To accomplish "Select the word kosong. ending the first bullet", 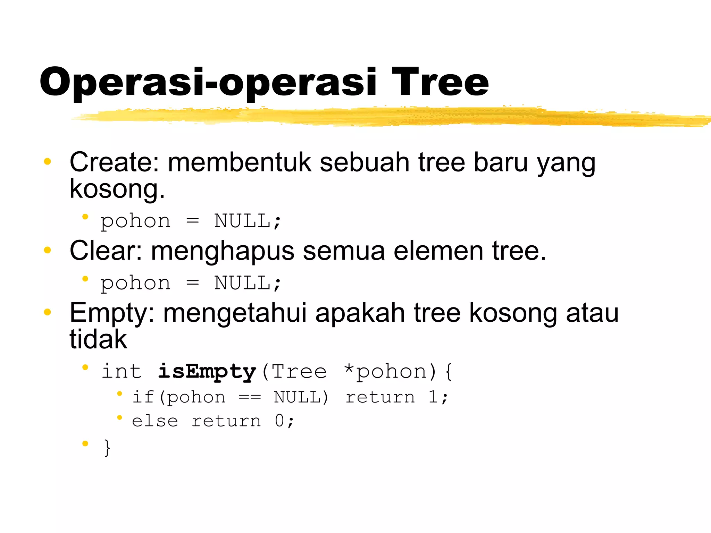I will point(117,189).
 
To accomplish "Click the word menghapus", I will point(223,252).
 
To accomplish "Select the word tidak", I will point(98,339).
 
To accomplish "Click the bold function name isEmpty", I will point(207,372).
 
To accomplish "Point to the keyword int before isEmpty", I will point(122,371).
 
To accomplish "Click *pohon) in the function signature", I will point(390,371).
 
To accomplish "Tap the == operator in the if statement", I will point(250,397).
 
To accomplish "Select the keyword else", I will point(155,421).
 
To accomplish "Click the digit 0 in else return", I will point(279,421).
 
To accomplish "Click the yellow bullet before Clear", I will point(48,250).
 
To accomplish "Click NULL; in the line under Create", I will point(247,221).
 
